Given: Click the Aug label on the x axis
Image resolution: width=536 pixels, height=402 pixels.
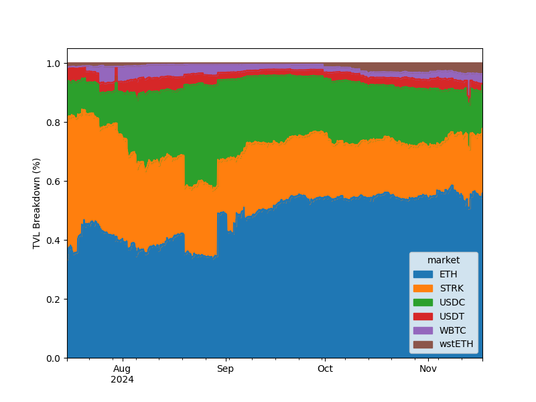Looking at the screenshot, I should (122, 368).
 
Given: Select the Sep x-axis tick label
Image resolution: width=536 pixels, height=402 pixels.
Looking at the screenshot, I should (226, 368).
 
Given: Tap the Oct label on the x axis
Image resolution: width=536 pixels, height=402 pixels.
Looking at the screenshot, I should (325, 368).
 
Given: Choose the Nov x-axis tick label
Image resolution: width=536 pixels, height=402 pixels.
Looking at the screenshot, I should (427, 368).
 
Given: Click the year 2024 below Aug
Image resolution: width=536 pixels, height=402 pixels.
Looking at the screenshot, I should (122, 379).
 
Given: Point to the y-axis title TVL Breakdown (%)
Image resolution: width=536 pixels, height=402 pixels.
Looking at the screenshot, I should (37, 203).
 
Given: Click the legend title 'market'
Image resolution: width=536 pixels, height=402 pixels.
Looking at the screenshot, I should (444, 260).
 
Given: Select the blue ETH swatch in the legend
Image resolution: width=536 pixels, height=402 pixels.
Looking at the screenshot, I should (423, 274).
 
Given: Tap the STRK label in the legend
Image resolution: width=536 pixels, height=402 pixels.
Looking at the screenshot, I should (452, 288).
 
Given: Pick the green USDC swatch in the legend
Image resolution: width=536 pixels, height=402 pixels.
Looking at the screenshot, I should (423, 302).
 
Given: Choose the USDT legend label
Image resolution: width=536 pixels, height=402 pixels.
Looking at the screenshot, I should (452, 316).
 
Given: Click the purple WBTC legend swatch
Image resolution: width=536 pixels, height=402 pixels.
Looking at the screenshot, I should (423, 330).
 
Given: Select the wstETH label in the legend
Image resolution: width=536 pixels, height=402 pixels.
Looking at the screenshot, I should (456, 344).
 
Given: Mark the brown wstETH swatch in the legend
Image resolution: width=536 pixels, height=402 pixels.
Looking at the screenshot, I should (423, 344).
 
